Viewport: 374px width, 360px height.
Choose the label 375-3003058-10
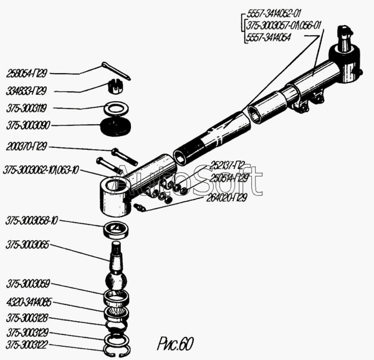click(32, 221)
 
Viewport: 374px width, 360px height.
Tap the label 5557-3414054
click(269, 37)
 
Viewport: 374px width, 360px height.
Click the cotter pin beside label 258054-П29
click(115, 71)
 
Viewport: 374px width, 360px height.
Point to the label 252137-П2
click(228, 165)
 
